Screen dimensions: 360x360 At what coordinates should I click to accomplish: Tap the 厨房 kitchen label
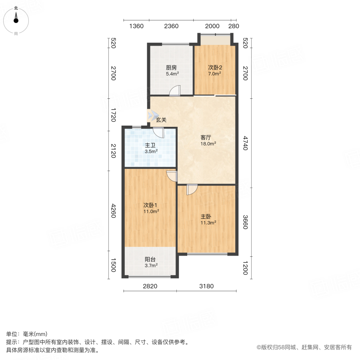(x=171, y=68)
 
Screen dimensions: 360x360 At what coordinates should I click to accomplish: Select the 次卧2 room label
(x=215, y=68)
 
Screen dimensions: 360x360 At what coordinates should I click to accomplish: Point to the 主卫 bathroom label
(x=151, y=146)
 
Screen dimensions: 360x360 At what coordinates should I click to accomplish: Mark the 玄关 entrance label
(x=161, y=120)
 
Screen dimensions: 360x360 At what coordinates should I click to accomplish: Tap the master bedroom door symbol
(x=191, y=190)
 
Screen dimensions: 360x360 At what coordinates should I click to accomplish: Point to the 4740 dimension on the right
(x=246, y=143)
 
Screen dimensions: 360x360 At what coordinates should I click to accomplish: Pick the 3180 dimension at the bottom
(x=207, y=286)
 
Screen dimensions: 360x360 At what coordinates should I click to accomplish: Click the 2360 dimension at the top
(x=171, y=26)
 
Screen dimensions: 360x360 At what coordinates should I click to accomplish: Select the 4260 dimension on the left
(x=113, y=211)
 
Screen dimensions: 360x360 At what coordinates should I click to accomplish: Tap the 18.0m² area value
(x=208, y=144)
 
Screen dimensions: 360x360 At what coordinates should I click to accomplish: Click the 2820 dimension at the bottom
(x=150, y=286)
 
